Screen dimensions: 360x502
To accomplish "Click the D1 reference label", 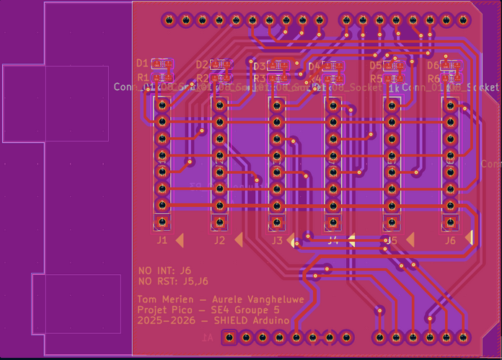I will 142,63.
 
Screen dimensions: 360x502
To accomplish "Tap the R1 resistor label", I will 142,77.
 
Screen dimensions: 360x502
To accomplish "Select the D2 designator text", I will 202,65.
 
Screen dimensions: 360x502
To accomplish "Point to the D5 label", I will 375,65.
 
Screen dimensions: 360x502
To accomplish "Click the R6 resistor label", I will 433,79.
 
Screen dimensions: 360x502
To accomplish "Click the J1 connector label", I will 162,240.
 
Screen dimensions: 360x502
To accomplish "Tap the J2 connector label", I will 219,240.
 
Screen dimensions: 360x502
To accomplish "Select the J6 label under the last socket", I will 449,240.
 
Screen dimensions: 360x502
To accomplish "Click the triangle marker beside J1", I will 180,239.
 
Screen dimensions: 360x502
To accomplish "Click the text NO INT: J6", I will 165,271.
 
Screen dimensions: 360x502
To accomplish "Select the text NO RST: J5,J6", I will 173,281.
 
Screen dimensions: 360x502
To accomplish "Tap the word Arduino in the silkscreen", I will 269,320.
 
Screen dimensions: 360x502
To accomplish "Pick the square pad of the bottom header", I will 229,337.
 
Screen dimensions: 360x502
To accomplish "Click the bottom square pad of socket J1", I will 162,221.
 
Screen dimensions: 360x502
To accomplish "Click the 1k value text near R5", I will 394,88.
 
